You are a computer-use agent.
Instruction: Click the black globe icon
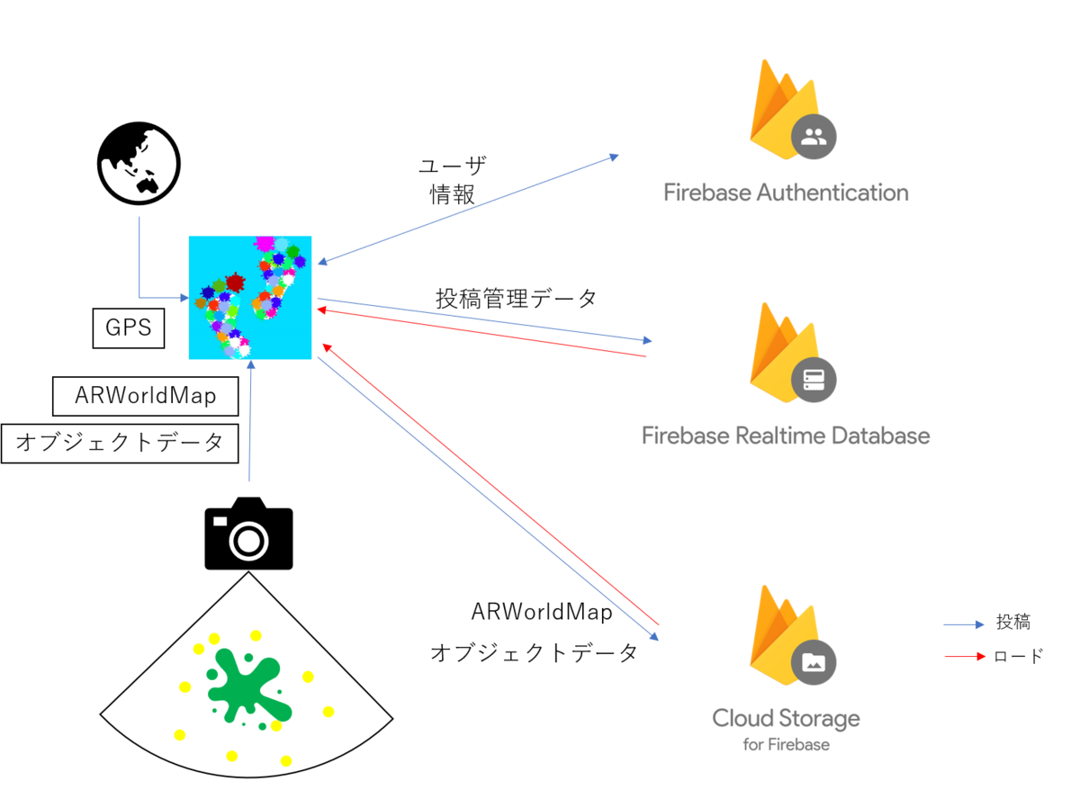[139, 164]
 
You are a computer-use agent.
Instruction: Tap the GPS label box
[129, 328]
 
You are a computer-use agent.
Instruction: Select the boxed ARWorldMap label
[146, 396]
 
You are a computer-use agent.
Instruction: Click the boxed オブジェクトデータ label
[120, 444]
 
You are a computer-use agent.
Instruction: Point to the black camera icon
[248, 533]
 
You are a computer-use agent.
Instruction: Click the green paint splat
[248, 686]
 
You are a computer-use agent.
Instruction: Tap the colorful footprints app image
[250, 298]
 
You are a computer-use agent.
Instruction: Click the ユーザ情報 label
[452, 181]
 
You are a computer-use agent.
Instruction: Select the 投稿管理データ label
[517, 299]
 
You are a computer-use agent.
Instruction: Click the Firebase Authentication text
[786, 193]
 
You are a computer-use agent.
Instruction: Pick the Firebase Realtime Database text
[786, 435]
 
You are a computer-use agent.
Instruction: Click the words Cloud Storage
[786, 718]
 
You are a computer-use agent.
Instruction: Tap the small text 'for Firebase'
[786, 745]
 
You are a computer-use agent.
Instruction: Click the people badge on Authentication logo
[814, 137]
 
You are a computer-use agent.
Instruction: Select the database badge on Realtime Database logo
[814, 380]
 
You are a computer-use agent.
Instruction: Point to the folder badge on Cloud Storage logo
[814, 663]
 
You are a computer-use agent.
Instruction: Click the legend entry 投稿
[1013, 622]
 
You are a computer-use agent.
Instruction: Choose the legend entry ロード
[1018, 656]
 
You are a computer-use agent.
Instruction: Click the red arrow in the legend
[965, 657]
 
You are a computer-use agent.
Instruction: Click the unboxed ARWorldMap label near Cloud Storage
[542, 612]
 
